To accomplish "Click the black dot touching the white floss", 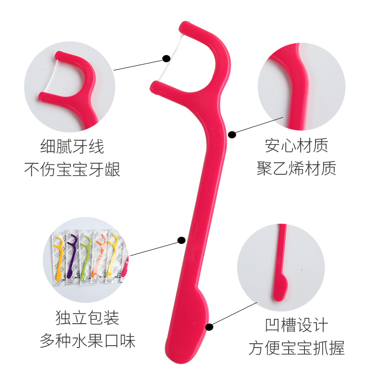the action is pyautogui.click(x=166, y=58).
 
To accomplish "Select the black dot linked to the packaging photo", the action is pyautogui.click(x=181, y=240).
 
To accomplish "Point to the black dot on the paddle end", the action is pyautogui.click(x=209, y=327).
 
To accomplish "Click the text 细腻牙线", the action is pyautogui.click(x=72, y=146).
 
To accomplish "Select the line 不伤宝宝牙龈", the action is pyautogui.click(x=72, y=169).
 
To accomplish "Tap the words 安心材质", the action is pyautogui.click(x=296, y=146).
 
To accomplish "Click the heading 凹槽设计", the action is pyautogui.click(x=296, y=325).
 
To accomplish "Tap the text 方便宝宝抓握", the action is pyautogui.click(x=296, y=348).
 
